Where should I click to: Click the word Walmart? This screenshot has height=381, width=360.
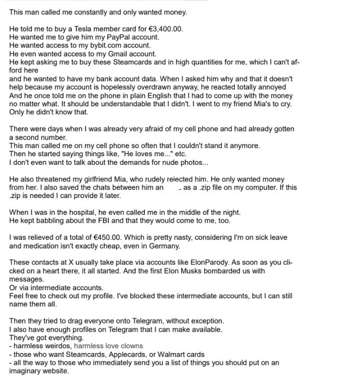pos(171,354)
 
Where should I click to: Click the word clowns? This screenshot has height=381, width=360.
pos(132,346)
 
